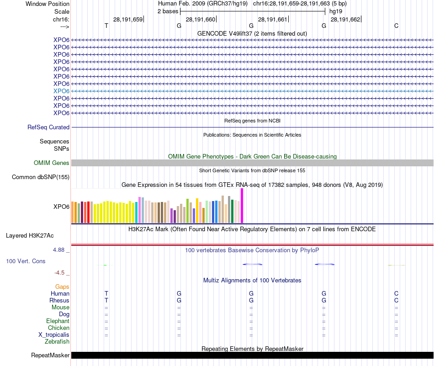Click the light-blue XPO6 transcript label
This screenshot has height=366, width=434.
[x=61, y=91]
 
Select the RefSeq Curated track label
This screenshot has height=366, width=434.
[x=48, y=127]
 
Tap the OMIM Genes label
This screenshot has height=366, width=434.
[x=51, y=163]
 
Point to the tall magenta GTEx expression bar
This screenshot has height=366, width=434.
[x=242, y=206]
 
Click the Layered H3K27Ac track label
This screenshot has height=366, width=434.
[x=30, y=236]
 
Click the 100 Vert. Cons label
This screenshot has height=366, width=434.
[x=26, y=261]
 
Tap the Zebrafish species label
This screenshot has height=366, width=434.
[x=57, y=341]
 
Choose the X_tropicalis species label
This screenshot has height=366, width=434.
[x=54, y=335]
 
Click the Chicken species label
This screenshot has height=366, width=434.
[x=58, y=328]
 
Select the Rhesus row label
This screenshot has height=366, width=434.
[x=59, y=301]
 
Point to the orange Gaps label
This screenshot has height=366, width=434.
[x=62, y=286]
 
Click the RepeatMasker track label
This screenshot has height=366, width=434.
[x=50, y=355]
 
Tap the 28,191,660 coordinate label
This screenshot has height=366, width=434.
[x=200, y=19]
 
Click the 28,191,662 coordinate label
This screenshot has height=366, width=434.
[x=345, y=19]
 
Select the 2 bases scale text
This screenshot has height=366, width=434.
[x=168, y=11]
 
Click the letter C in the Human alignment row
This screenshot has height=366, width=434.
[x=397, y=293]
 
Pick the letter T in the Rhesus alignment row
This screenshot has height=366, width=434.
[x=106, y=301]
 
